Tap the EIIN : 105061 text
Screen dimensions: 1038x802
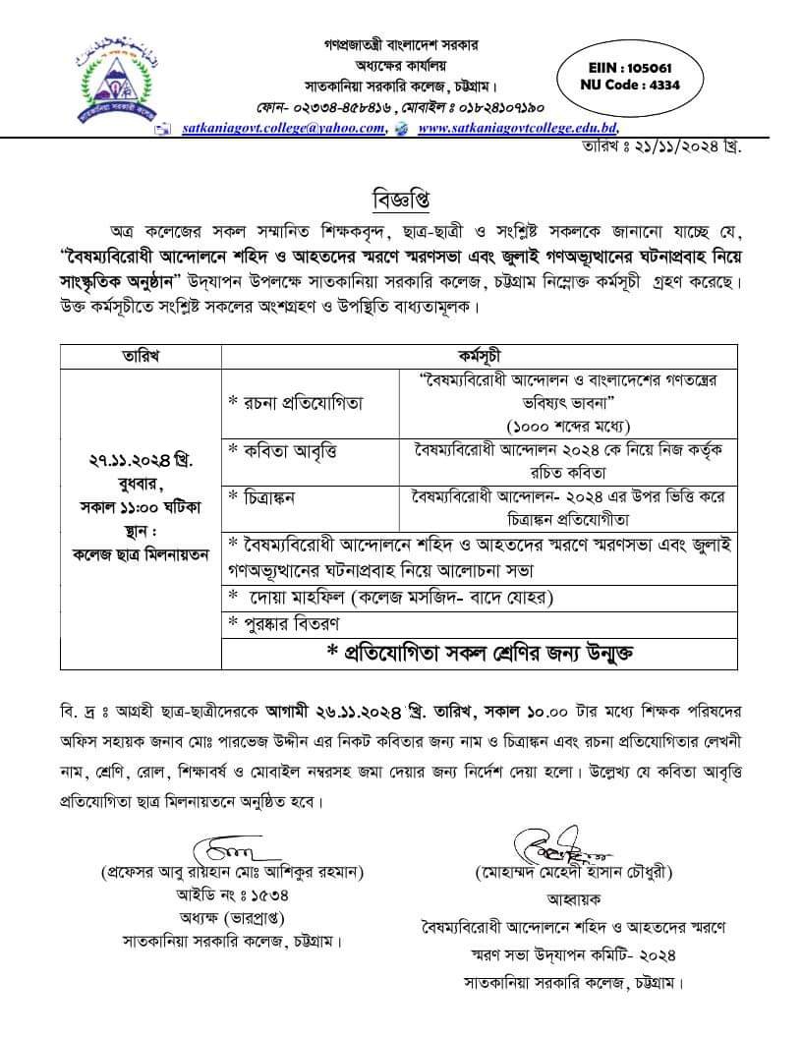tap(630, 69)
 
